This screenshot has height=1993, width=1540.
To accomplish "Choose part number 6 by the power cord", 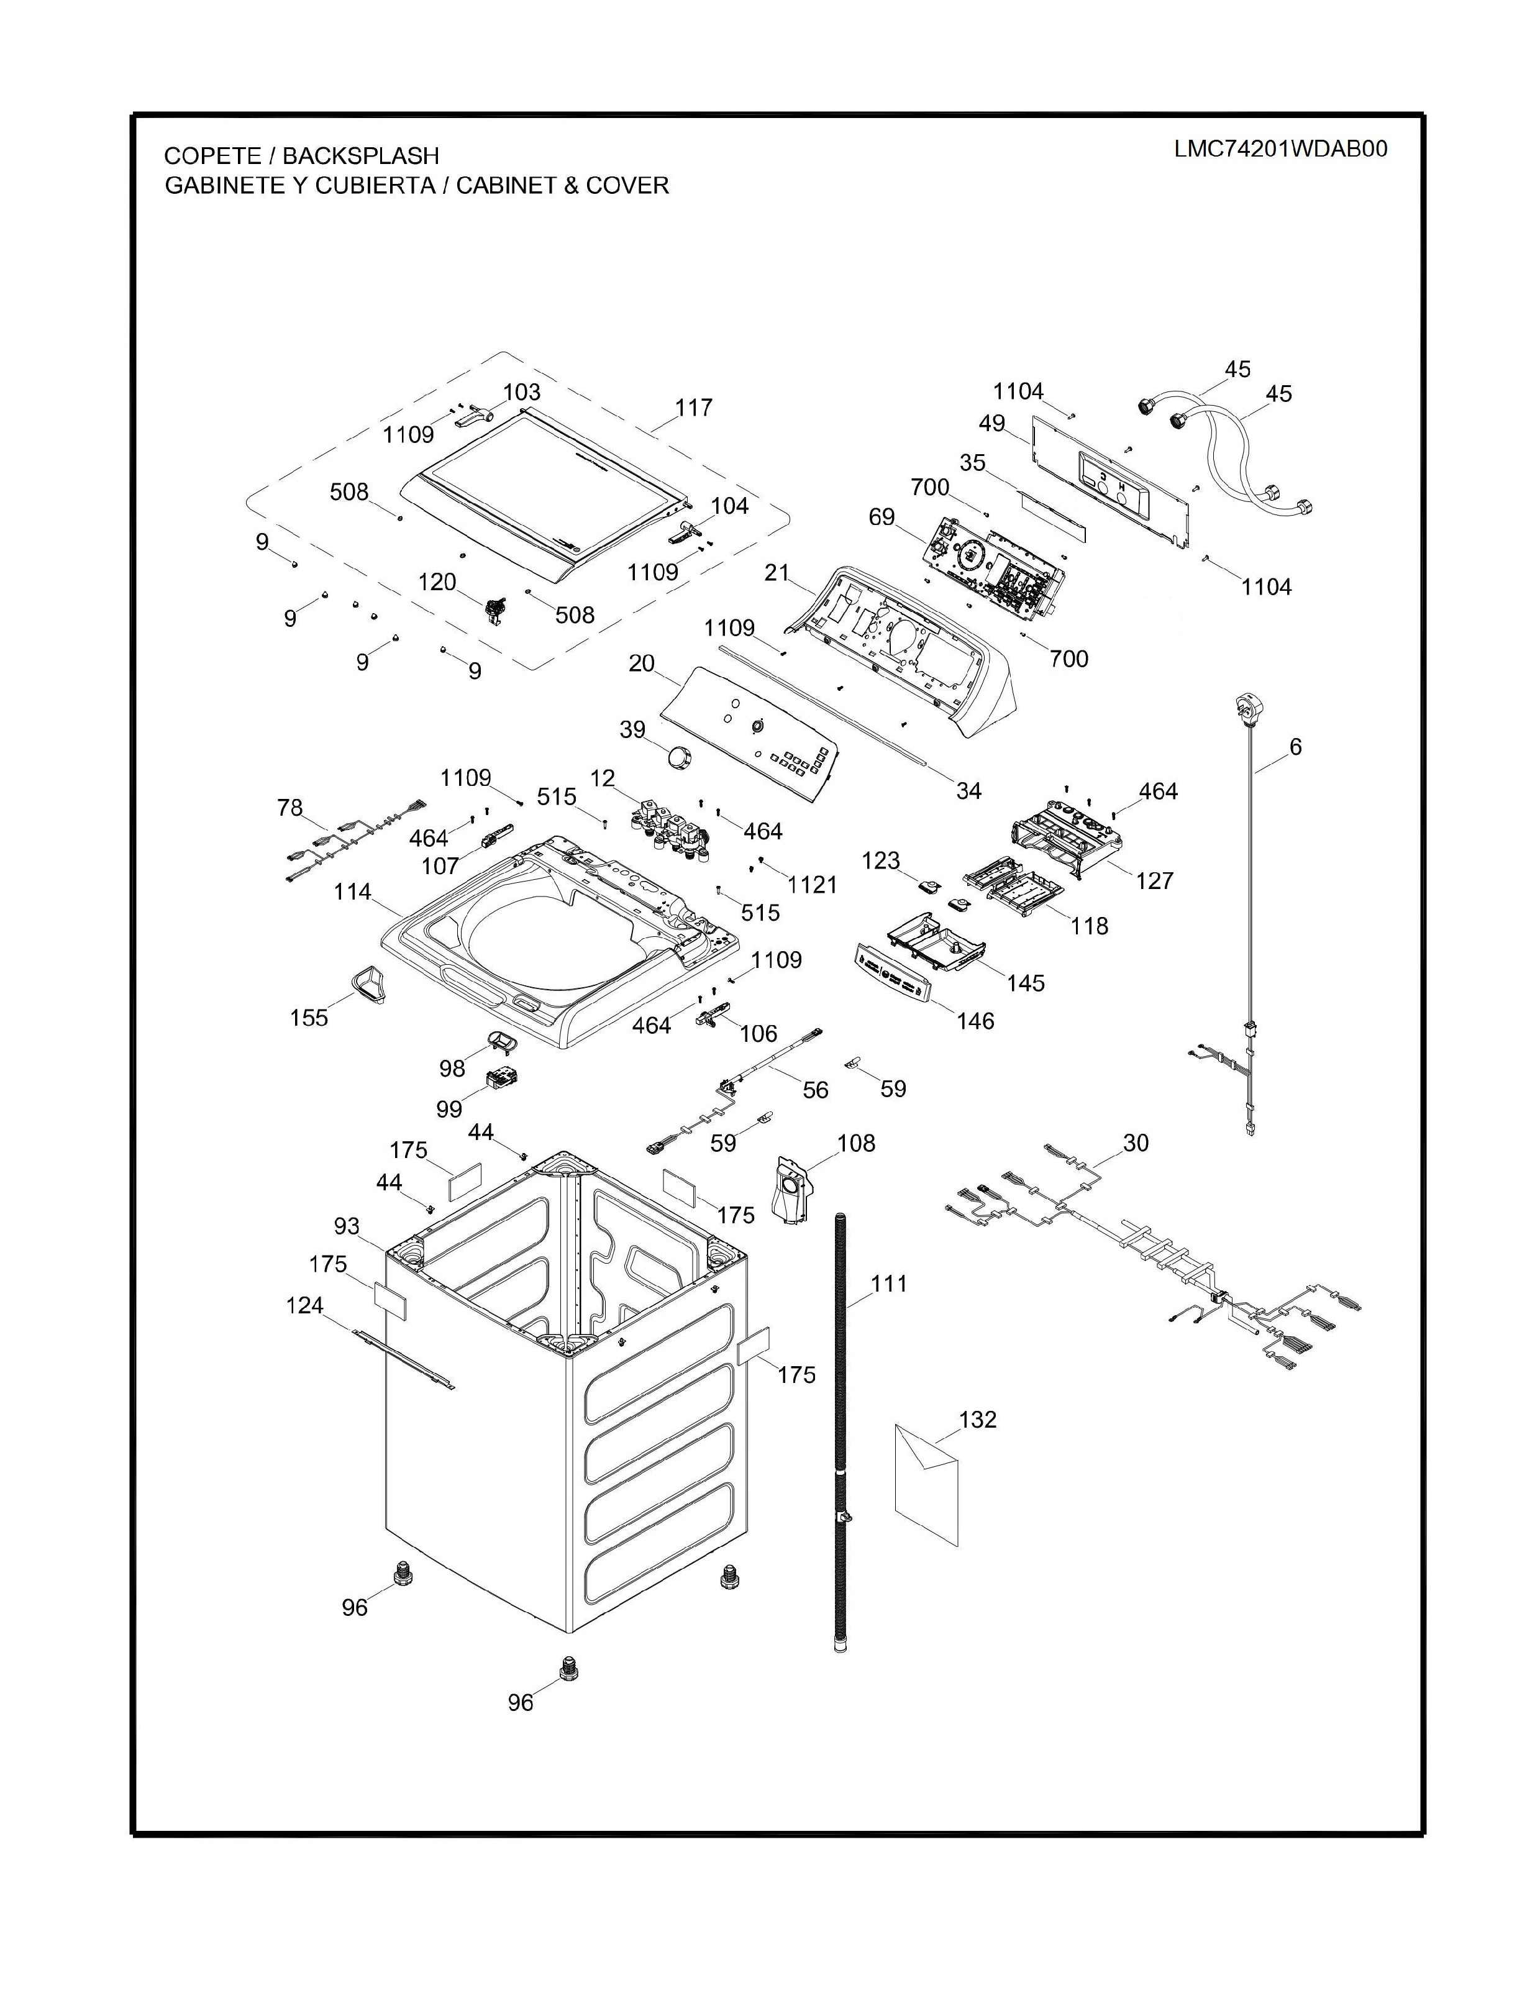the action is [1295, 747].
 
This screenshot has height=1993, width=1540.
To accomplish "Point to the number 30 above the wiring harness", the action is [1136, 1142].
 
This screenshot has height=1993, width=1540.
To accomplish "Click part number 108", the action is [856, 1142].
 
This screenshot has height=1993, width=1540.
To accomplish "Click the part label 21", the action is [777, 572].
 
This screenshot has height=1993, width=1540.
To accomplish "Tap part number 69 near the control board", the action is [882, 518].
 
